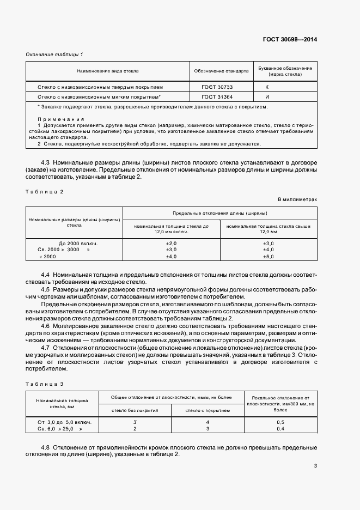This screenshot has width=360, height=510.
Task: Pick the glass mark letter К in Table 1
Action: coord(267,87)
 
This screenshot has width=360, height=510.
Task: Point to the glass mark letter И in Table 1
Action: coord(267,96)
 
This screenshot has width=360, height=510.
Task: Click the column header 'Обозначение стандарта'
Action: coord(221,71)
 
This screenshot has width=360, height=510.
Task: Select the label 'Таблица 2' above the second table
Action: coord(45,191)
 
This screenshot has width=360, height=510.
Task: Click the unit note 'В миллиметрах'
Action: coord(297,200)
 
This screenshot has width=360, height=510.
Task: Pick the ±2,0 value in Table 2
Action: coord(172,243)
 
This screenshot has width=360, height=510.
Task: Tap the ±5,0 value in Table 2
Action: coord(268,256)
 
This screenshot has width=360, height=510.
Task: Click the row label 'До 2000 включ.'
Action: coord(82,243)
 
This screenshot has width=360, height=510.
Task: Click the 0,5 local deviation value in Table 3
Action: coord(280,422)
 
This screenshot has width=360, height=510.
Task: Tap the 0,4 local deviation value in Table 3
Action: coord(280,429)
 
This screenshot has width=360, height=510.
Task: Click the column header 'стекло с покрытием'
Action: coord(208,410)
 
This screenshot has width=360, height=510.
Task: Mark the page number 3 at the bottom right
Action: coord(315,465)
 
